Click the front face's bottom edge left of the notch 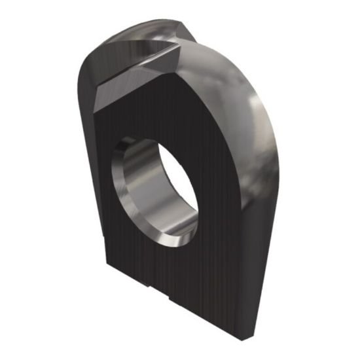click(x=128, y=282)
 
